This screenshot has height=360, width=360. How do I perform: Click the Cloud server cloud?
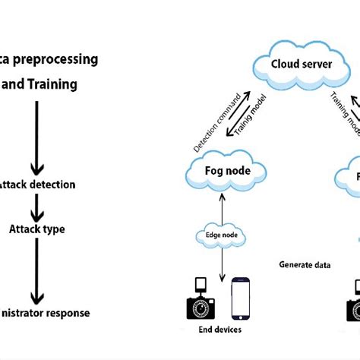(x=302, y=64)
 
